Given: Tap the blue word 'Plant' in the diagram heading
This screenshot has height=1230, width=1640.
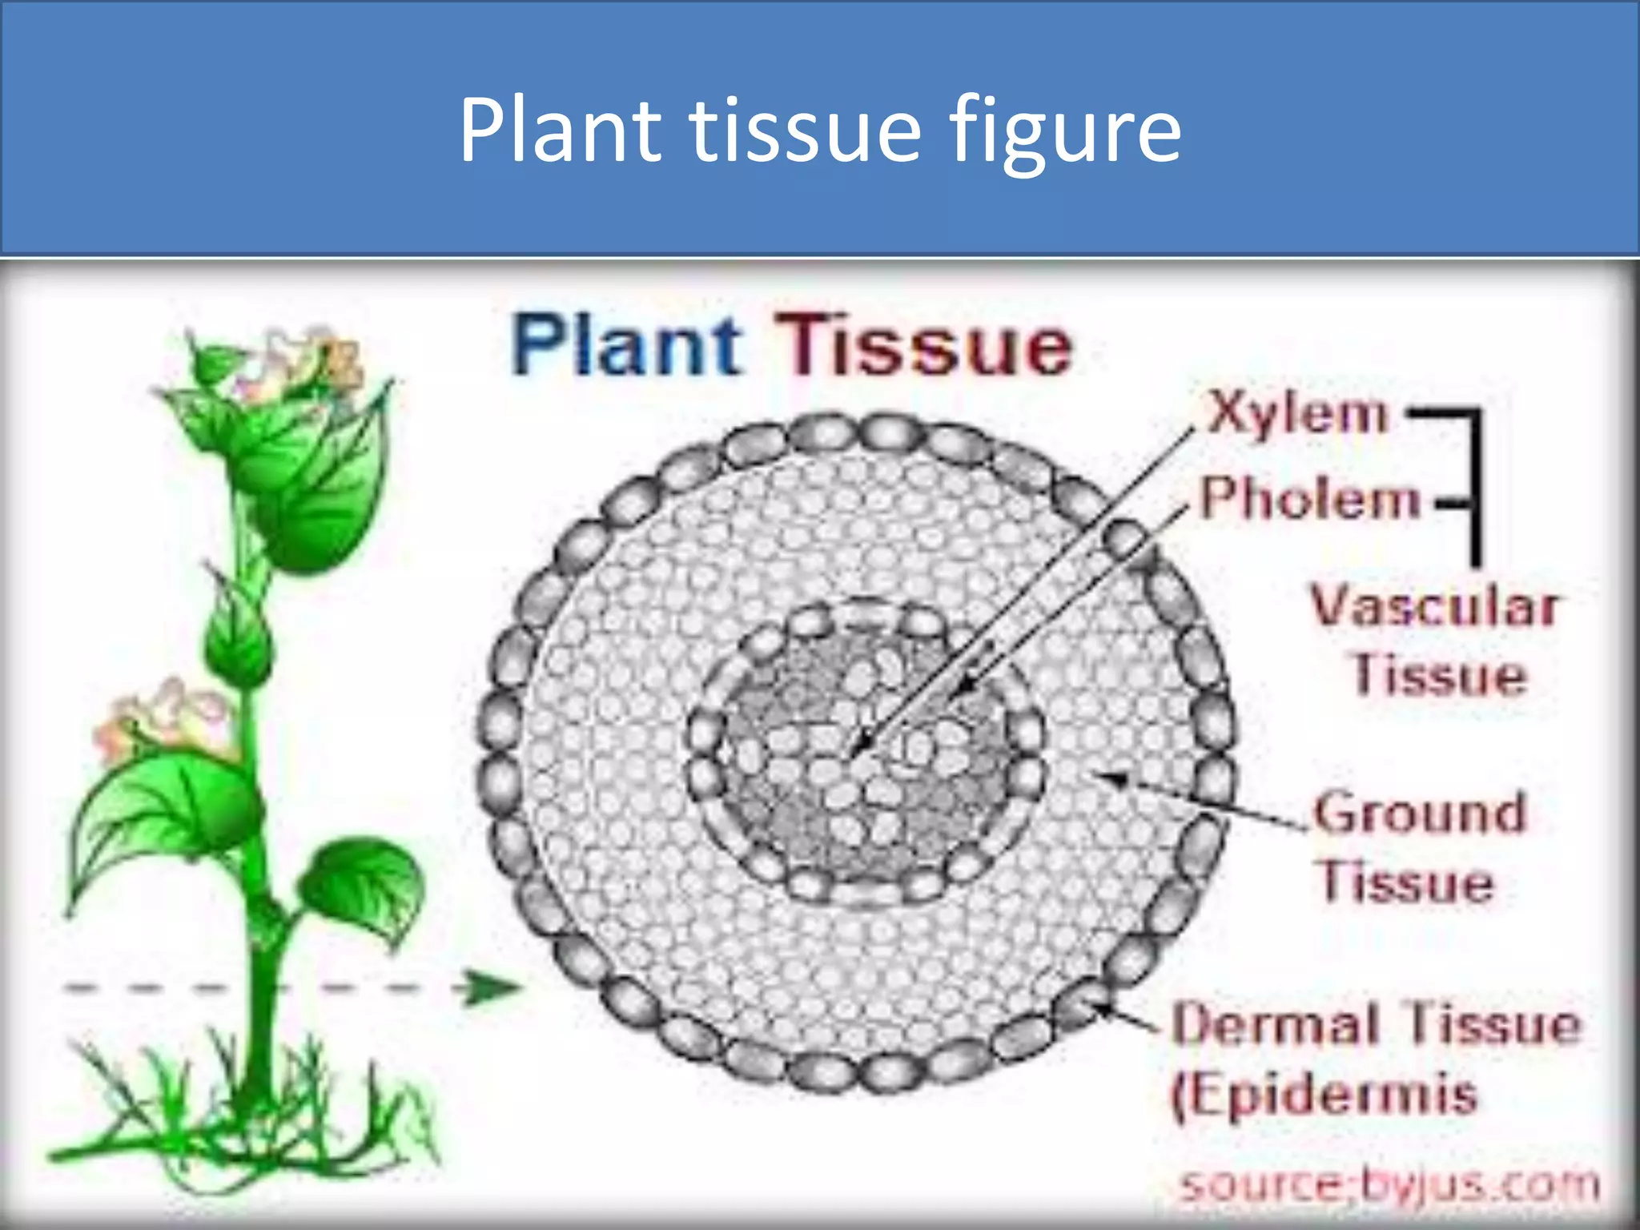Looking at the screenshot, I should (626, 346).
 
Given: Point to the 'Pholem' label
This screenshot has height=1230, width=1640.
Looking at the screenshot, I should (1310, 500).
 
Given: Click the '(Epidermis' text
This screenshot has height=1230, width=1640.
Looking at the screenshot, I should (1324, 1096).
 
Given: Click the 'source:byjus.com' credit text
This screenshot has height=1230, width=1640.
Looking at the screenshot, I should (1390, 1185).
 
